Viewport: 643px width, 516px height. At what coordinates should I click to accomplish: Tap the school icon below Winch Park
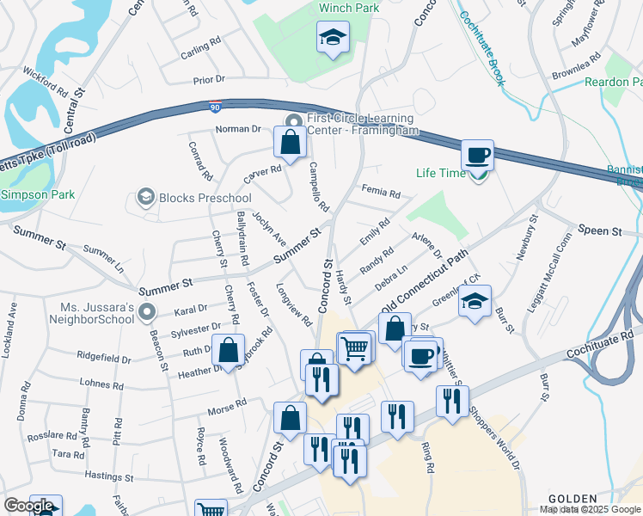[x=331, y=38]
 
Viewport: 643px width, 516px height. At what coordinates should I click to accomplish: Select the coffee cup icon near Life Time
[x=477, y=156]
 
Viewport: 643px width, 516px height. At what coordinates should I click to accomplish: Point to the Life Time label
[x=440, y=173]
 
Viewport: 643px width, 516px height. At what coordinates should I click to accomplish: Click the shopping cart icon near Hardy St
[x=355, y=348]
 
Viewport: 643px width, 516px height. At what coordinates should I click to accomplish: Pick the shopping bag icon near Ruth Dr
[x=228, y=351]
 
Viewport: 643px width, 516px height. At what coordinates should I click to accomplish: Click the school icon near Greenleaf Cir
[x=474, y=301]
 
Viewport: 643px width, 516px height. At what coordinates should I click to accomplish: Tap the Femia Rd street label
[x=382, y=193]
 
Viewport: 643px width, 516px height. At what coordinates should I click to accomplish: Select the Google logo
[x=28, y=506]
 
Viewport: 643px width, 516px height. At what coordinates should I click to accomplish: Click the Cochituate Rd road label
[x=603, y=342]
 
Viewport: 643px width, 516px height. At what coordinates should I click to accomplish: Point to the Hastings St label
[x=110, y=475]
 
